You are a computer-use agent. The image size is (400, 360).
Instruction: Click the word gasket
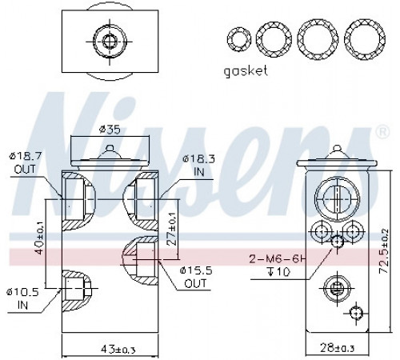click(246, 71)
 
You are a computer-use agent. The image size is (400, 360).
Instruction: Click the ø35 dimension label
click(110, 130)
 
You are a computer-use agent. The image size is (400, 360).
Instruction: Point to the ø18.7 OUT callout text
click(25, 162)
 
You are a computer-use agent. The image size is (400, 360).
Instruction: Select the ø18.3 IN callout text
click(198, 166)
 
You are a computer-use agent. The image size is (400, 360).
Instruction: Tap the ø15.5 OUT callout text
click(196, 278)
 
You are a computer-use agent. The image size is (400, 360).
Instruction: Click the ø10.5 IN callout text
click(22, 298)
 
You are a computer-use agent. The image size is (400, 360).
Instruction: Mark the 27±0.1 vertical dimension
click(172, 229)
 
